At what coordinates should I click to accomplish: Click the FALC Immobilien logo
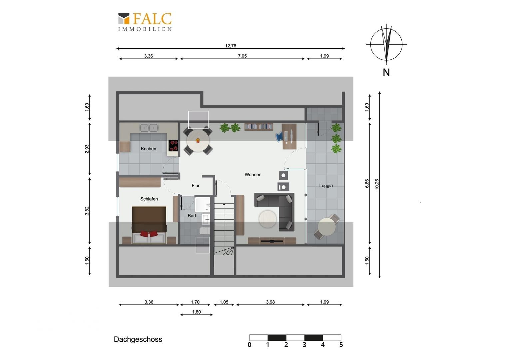pyautogui.click(x=145, y=22)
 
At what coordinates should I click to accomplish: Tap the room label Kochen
pyautogui.click(x=148, y=149)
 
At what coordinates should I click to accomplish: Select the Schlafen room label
pyautogui.click(x=149, y=199)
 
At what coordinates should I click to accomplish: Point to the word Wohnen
pyautogui.click(x=253, y=175)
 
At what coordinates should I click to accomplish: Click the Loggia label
pyautogui.click(x=326, y=186)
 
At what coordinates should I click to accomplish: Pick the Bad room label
pyautogui.click(x=192, y=216)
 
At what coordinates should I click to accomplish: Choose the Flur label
pyautogui.click(x=196, y=186)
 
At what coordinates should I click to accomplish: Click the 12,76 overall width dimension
pyautogui.click(x=231, y=46)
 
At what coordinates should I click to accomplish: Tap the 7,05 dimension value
pyautogui.click(x=242, y=56)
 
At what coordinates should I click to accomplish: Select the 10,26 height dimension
pyautogui.click(x=377, y=184)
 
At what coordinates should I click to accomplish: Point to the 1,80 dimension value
pyautogui.click(x=196, y=312)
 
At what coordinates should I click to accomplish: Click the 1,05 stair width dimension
pyautogui.click(x=224, y=302)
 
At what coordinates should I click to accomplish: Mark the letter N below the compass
pyautogui.click(x=386, y=73)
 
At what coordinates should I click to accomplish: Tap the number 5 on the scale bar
pyautogui.click(x=341, y=345)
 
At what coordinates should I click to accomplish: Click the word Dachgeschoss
pyautogui.click(x=138, y=339)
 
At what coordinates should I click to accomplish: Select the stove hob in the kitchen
pyautogui.click(x=173, y=146)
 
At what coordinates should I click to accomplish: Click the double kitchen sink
pyautogui.click(x=149, y=128)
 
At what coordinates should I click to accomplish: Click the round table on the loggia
pyautogui.click(x=326, y=227)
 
